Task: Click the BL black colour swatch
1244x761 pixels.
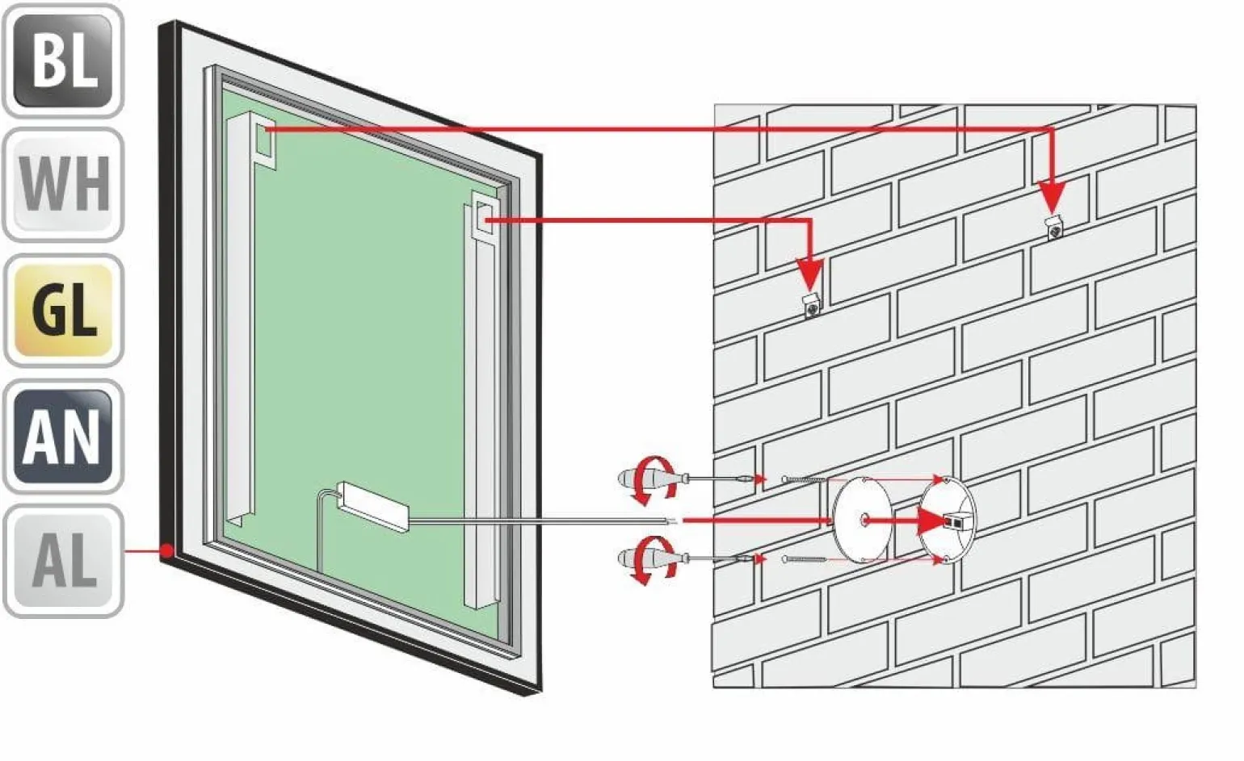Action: coord(63,61)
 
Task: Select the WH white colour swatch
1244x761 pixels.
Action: coord(63,185)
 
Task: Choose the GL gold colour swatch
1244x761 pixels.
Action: coord(63,311)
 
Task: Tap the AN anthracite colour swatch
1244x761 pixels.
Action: coord(63,437)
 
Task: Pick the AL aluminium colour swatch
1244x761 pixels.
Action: coord(63,562)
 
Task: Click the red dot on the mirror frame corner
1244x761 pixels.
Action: coord(166,551)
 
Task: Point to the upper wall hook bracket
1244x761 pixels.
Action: coord(1055,228)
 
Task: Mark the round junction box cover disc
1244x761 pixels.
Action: coord(861,521)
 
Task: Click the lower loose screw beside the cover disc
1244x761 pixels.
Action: coord(805,559)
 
